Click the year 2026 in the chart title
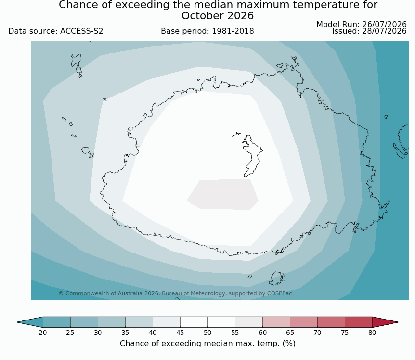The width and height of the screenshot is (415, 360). pyautogui.click(x=240, y=16)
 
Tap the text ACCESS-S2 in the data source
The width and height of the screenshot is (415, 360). pyautogui.click(x=81, y=31)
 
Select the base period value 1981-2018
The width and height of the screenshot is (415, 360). pyautogui.click(x=233, y=31)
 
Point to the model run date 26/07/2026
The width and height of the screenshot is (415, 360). pyautogui.click(x=384, y=25)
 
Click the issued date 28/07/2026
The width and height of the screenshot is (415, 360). pyautogui.click(x=384, y=31)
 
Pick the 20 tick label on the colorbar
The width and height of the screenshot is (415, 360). pyautogui.click(x=43, y=333)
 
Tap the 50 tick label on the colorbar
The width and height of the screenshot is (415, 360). pyautogui.click(x=207, y=333)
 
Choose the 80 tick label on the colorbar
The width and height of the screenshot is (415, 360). pyautogui.click(x=372, y=333)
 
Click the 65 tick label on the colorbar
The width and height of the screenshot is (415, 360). pyautogui.click(x=290, y=333)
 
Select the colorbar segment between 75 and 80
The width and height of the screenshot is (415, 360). pyautogui.click(x=359, y=322)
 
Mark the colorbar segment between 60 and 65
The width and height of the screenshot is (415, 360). pyautogui.click(x=276, y=322)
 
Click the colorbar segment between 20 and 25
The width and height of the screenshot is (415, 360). pyautogui.click(x=57, y=322)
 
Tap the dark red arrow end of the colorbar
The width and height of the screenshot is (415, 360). pyautogui.click(x=384, y=322)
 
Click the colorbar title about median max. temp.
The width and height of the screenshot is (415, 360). pyautogui.click(x=207, y=344)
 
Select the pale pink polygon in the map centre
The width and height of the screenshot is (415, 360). pyautogui.click(x=223, y=194)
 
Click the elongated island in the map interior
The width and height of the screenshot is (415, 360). pyautogui.click(x=252, y=156)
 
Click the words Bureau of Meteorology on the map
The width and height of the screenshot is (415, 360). pyautogui.click(x=194, y=293)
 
